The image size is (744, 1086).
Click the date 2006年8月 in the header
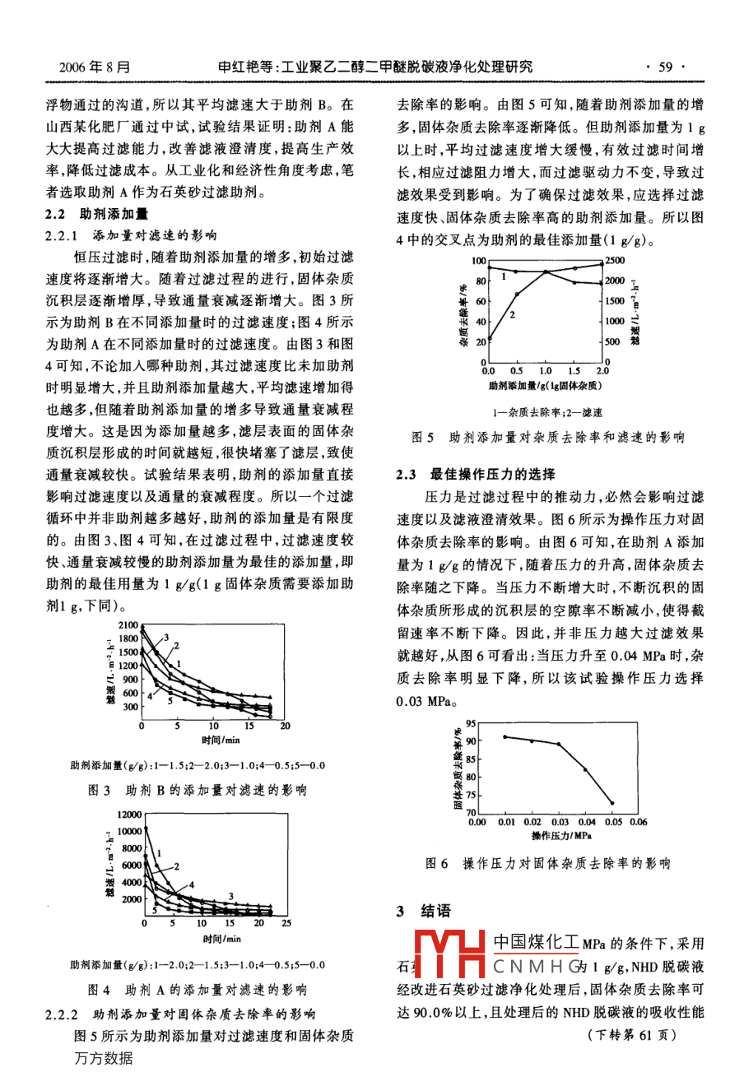(95, 67)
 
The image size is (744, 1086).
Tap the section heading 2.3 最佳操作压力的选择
(476, 475)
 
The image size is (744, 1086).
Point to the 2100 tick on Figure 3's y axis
(129, 626)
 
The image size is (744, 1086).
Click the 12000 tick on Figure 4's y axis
(128, 814)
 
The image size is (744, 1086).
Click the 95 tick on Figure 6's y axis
(471, 723)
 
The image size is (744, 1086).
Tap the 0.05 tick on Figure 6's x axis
(612, 822)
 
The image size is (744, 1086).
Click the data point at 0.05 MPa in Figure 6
(612, 803)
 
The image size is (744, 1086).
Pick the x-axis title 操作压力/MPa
(561, 836)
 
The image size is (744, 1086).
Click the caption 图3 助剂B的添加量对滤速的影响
(198, 791)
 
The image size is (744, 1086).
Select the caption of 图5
(548, 438)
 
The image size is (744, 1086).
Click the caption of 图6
(548, 864)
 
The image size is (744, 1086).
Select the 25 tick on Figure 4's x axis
(286, 924)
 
